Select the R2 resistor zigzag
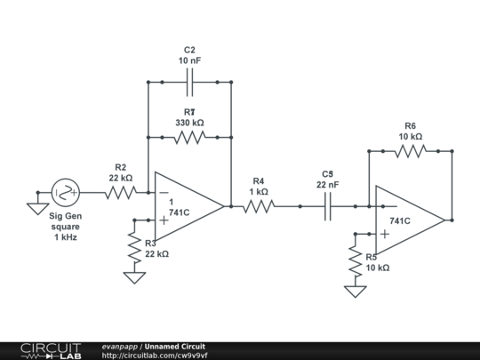tap(120, 191)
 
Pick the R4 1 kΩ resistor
tap(259, 206)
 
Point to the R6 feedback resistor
tap(411, 151)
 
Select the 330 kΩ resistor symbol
tap(190, 137)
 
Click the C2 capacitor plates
tap(190, 82)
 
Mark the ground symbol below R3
tap(134, 277)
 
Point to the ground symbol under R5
tap(356, 292)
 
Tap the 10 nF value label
tap(189, 60)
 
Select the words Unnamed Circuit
tap(175, 346)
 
